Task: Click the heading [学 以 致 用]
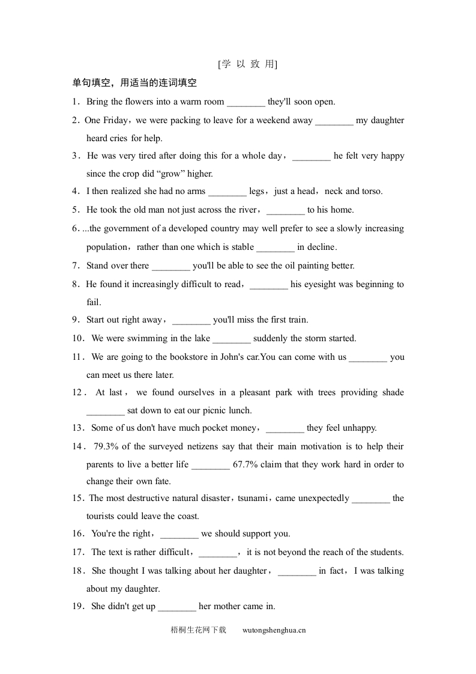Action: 248,64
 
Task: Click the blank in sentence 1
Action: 246,102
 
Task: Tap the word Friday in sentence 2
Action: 115,120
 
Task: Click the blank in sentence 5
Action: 285,210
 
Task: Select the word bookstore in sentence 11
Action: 189,357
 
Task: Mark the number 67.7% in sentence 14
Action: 246,464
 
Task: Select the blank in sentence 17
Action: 217,553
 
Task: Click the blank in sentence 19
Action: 177,607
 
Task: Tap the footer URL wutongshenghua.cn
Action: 274,630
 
